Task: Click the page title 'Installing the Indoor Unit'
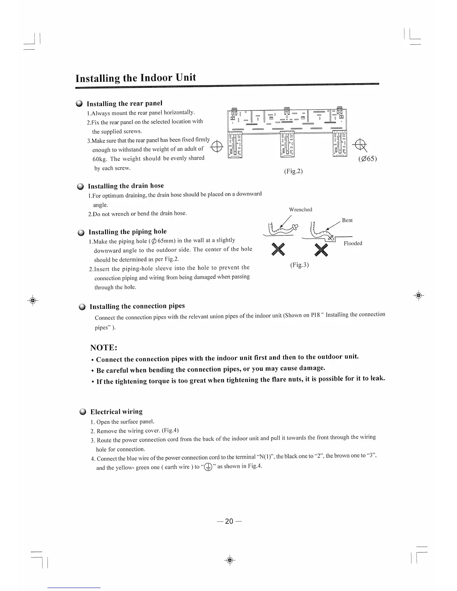pyautogui.click(x=136, y=78)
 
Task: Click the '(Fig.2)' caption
pyautogui.click(x=293, y=171)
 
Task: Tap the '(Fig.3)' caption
pyautogui.click(x=299, y=265)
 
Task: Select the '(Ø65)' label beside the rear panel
pyautogui.click(x=367, y=159)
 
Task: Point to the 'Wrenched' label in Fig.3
pyautogui.click(x=301, y=210)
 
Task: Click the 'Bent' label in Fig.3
pyautogui.click(x=347, y=220)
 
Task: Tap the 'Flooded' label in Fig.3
pyautogui.click(x=353, y=243)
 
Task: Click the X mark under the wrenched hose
pyautogui.click(x=278, y=249)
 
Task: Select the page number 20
pyautogui.click(x=229, y=521)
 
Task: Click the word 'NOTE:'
pyautogui.click(x=104, y=348)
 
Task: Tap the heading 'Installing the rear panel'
pyautogui.click(x=124, y=103)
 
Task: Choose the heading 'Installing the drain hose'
pyautogui.click(x=126, y=186)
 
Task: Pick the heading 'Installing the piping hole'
pyautogui.click(x=128, y=232)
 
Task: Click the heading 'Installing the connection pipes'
pyautogui.click(x=137, y=306)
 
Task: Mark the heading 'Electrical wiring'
pyautogui.click(x=116, y=412)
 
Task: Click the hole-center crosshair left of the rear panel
pyautogui.click(x=217, y=148)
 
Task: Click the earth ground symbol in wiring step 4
pyautogui.click(x=208, y=467)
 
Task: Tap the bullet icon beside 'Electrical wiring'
pyautogui.click(x=83, y=412)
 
